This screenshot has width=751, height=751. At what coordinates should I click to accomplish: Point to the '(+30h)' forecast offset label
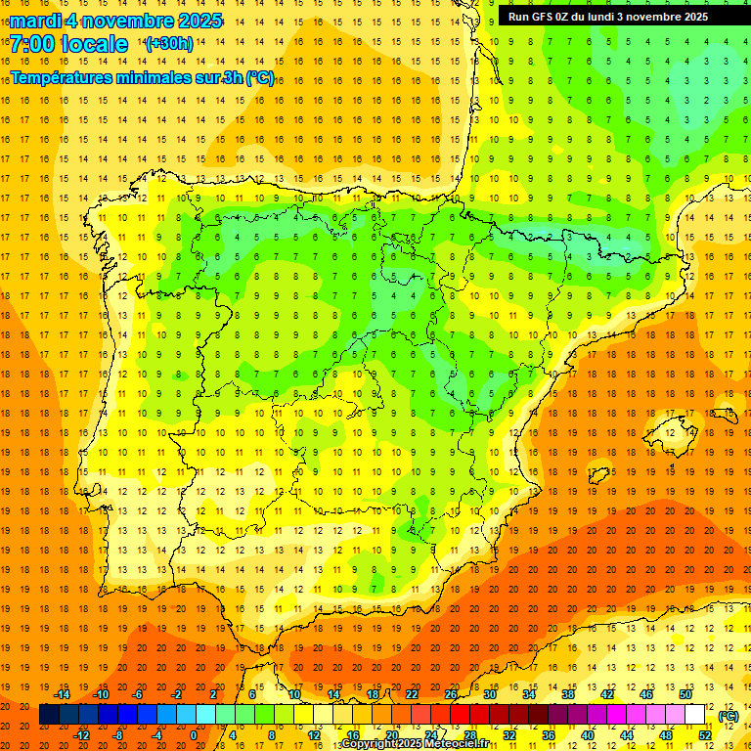[169, 44]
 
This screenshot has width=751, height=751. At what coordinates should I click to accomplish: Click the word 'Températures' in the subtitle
[62, 77]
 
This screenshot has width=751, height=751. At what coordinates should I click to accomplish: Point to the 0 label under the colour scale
[193, 734]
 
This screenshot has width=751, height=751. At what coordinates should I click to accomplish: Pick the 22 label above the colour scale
[412, 694]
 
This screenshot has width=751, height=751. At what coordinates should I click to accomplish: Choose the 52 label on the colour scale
[705, 734]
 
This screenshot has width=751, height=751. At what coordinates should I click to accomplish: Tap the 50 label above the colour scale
[685, 694]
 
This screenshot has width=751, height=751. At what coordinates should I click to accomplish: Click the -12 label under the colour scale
[82, 734]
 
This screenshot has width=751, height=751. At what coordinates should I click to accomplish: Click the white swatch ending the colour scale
[695, 715]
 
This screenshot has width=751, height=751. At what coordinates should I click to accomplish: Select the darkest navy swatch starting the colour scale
[49, 715]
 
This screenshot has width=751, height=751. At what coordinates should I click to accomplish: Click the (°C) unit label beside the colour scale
[729, 716]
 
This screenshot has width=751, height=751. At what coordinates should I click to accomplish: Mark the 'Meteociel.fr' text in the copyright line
[456, 744]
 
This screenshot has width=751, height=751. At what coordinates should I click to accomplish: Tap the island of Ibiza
[597, 476]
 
